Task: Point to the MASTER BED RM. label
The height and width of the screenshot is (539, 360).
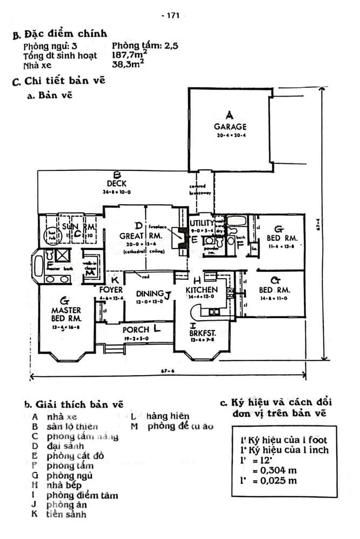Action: point(66,314)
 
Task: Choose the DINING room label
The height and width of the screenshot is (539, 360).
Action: point(150,294)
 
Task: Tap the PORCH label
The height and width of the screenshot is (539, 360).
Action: point(135,329)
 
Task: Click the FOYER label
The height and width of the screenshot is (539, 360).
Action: point(112,290)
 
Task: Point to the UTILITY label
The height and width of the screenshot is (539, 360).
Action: point(202,223)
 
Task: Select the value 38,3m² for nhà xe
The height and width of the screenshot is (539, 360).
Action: point(127,65)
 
